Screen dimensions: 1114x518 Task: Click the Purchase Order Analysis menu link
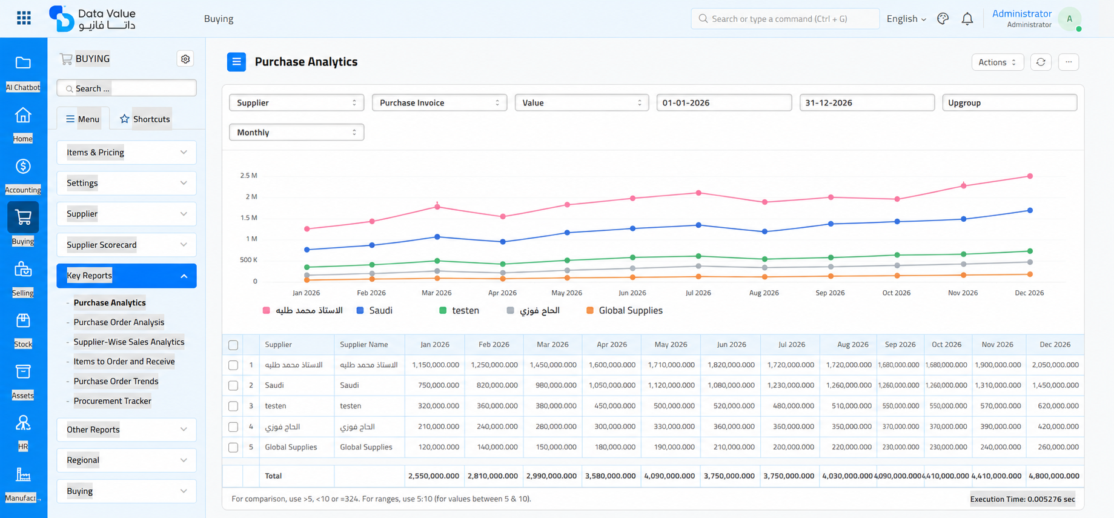click(119, 322)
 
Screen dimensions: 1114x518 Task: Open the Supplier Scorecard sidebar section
click(127, 245)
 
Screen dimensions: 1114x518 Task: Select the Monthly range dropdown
click(296, 132)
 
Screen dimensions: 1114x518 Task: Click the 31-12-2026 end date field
click(867, 102)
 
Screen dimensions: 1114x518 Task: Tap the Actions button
click(997, 62)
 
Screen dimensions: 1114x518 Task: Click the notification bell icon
click(967, 19)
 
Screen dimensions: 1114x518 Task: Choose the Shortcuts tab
click(145, 119)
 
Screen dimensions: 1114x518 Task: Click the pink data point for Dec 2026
click(1030, 176)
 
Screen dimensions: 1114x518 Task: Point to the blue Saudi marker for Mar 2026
click(437, 237)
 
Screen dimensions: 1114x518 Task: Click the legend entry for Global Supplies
click(625, 310)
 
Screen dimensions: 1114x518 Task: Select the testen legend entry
click(459, 310)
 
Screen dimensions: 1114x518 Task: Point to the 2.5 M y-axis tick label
click(248, 176)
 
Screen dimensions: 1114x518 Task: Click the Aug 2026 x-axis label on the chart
click(764, 293)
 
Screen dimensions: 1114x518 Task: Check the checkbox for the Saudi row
click(233, 385)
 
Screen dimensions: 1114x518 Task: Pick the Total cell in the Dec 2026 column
click(1055, 476)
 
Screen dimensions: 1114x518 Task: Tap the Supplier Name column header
click(363, 344)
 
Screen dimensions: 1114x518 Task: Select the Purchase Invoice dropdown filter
click(439, 102)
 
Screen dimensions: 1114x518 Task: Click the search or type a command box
click(785, 19)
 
